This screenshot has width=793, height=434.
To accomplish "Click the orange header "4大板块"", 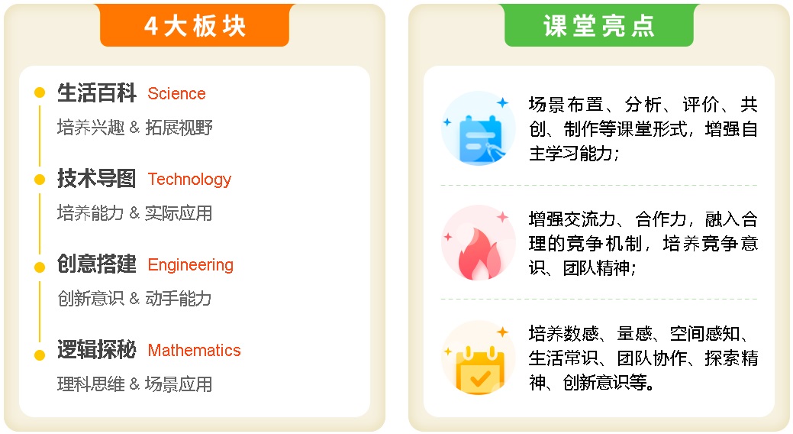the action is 195,25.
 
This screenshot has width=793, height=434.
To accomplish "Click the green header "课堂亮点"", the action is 599,25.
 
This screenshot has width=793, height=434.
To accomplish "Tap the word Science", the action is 176,94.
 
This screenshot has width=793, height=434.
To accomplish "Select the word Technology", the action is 189,180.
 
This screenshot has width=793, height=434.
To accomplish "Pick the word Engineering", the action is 191,265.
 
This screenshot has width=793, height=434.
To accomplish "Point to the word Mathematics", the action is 194,351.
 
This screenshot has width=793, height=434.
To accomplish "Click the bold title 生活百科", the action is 97,93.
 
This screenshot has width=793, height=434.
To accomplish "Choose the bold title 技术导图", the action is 97,179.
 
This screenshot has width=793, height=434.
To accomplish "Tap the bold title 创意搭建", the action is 97,264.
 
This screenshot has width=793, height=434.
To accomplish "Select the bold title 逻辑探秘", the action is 97,350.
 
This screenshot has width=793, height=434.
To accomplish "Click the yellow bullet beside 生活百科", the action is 40,92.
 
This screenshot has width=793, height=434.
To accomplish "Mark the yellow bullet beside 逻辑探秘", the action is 40,355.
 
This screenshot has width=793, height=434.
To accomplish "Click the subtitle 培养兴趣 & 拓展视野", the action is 134,128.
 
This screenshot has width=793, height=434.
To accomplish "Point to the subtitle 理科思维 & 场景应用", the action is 134,384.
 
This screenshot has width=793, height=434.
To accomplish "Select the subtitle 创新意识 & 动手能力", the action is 134,299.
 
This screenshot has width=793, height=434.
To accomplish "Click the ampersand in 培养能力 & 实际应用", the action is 134,213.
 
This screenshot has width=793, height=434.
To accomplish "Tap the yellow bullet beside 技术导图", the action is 40,180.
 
